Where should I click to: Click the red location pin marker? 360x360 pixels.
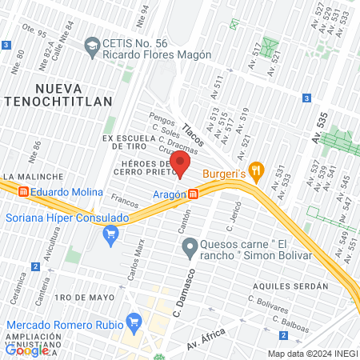click(180, 165)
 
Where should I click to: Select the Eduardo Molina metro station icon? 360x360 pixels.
click(24, 192)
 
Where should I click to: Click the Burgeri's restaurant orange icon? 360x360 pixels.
click(256, 170)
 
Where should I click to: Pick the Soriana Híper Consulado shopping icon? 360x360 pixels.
click(111, 234)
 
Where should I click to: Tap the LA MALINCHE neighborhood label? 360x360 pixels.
click(33, 176)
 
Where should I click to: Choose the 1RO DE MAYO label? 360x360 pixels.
click(76, 298)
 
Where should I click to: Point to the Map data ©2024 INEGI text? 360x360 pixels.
click(312, 354)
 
